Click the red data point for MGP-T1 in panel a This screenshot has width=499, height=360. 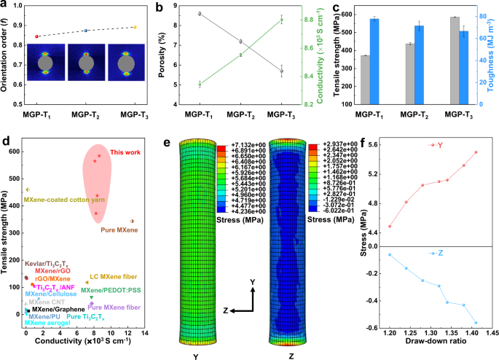(x=37, y=36)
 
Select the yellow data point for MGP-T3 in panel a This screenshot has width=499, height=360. (x=134, y=27)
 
